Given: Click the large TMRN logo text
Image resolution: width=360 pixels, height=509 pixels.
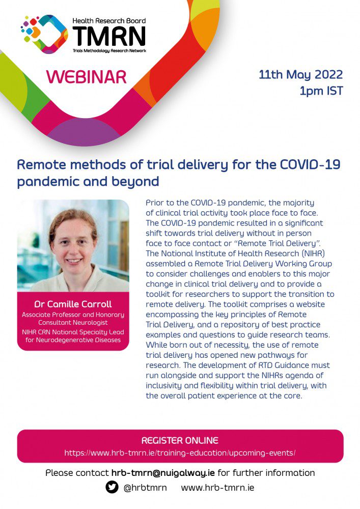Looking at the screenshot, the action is [109, 36].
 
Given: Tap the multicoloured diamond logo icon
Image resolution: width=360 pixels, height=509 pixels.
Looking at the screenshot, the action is [44, 34].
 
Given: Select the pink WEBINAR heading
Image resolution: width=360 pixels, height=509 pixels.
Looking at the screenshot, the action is [87, 77].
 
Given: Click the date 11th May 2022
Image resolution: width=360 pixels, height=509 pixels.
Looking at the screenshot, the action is [300, 75].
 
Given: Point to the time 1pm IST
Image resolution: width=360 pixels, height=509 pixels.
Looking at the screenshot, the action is [321, 91].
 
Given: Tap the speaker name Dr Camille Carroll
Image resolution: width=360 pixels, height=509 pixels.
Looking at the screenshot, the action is [73, 304].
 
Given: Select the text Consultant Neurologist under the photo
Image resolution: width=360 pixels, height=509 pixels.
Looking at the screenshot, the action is [73, 323].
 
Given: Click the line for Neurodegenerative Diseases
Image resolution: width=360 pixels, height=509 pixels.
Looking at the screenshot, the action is [73, 340].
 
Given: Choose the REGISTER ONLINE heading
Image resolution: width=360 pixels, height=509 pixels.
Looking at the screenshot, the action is [180, 440].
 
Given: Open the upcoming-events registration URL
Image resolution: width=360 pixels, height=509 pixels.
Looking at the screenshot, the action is [180, 453].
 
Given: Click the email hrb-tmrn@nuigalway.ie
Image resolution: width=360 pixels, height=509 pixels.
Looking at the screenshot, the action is [163, 473].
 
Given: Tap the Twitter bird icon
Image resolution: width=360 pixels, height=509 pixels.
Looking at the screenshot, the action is [112, 487].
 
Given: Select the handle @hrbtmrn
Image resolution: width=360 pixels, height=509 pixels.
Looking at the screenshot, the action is [145, 488].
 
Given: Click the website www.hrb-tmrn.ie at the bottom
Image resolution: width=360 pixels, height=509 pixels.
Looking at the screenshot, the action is [217, 488].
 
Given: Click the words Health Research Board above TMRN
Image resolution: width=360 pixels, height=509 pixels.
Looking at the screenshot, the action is [109, 21].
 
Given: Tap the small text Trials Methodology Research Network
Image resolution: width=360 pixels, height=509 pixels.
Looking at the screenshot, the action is [109, 50].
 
